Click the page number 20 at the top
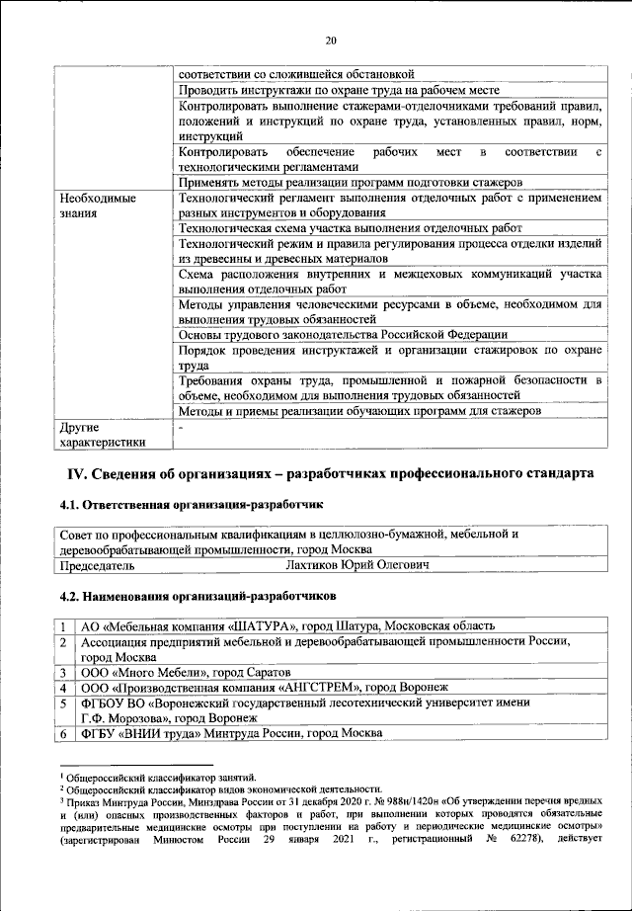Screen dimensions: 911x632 (331, 40)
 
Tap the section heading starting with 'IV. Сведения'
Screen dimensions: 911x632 (330, 473)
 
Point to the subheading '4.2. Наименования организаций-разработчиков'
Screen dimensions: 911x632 (197, 597)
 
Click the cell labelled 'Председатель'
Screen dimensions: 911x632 (98, 566)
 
